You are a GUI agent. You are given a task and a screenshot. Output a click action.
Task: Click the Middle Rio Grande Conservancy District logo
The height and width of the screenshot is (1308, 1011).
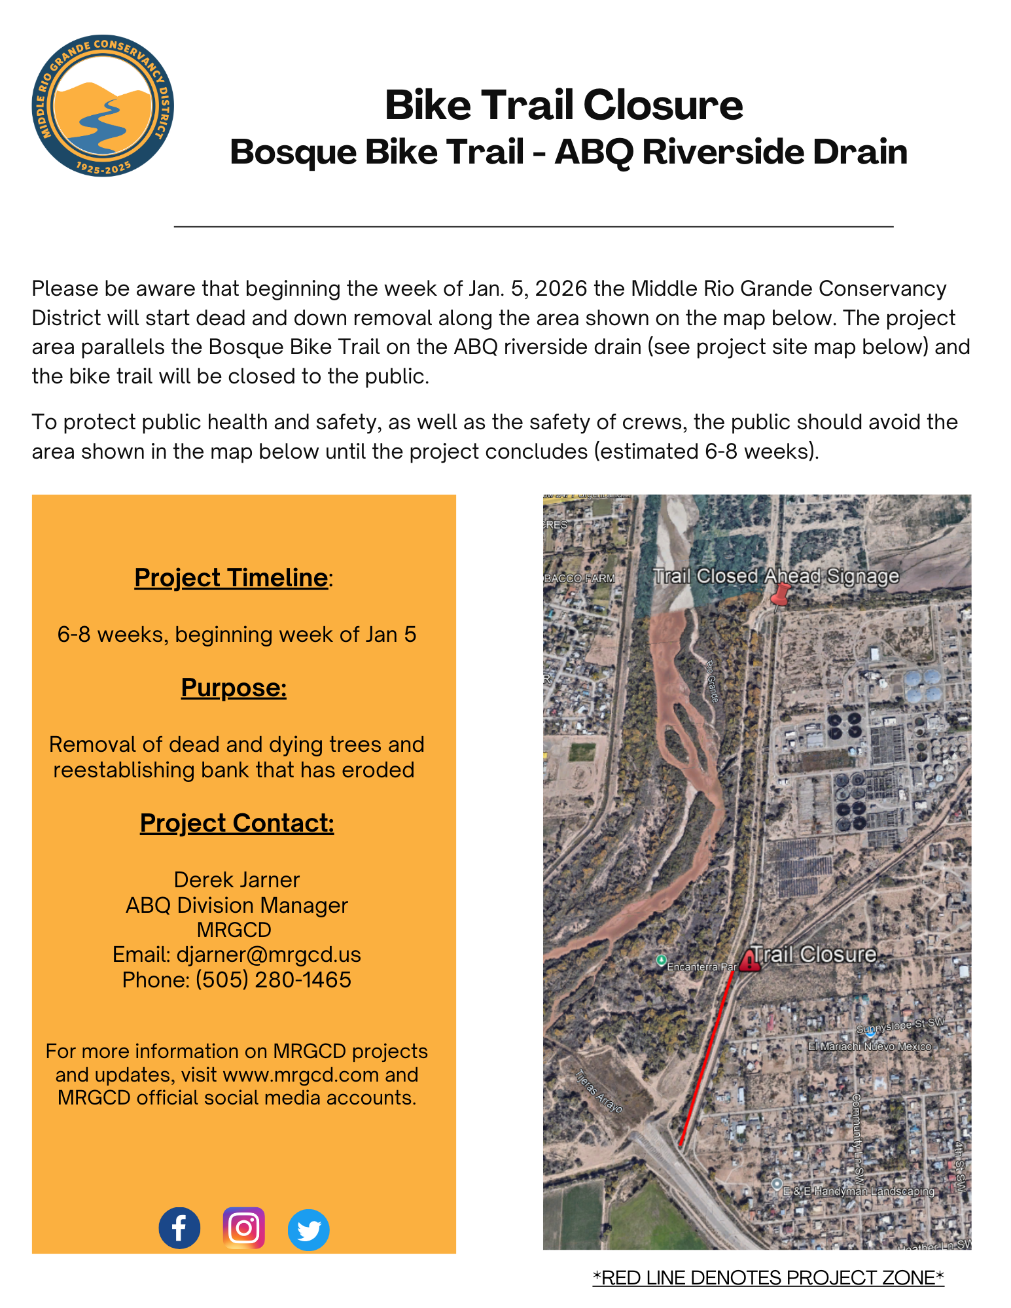pyautogui.click(x=103, y=105)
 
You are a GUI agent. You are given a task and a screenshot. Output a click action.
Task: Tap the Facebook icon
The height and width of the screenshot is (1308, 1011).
pyautogui.click(x=179, y=1228)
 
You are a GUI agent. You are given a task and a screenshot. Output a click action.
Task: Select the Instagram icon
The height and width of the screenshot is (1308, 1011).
pyautogui.click(x=244, y=1228)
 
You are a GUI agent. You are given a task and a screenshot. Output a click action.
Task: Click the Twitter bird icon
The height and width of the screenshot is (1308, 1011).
pyautogui.click(x=308, y=1229)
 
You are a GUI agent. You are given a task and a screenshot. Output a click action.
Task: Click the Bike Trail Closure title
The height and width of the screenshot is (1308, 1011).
pyautogui.click(x=563, y=105)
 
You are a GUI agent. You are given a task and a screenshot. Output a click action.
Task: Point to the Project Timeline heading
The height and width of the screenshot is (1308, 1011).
pyautogui.click(x=231, y=578)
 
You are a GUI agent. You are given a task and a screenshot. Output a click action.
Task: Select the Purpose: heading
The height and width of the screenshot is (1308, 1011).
pyautogui.click(x=234, y=688)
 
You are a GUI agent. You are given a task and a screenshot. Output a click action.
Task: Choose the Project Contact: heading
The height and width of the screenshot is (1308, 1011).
pyautogui.click(x=237, y=823)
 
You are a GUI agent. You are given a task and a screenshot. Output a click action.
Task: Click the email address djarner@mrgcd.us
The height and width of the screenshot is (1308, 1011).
pyautogui.click(x=268, y=955)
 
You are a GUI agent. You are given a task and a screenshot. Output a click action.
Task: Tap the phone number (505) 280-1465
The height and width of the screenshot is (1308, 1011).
pyautogui.click(x=273, y=980)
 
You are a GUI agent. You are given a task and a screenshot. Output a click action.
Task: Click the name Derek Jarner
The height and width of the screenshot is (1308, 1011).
pyautogui.click(x=237, y=880)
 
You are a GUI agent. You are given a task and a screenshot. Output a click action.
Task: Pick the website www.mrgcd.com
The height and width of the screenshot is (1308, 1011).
pyautogui.click(x=301, y=1074)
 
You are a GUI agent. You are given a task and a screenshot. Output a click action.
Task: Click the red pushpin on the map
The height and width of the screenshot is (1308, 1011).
pyautogui.click(x=780, y=595)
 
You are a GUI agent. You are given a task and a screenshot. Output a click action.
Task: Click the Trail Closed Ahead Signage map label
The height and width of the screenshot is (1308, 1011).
pyautogui.click(x=776, y=576)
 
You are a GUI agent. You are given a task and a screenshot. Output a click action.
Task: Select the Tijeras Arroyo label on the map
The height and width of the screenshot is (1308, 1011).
pyautogui.click(x=599, y=1091)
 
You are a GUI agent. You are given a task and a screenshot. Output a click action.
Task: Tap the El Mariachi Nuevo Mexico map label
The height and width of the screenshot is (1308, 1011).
pyautogui.click(x=869, y=1046)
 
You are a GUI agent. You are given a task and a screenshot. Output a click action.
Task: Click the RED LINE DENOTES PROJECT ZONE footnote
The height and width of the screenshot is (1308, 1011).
pyautogui.click(x=768, y=1278)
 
